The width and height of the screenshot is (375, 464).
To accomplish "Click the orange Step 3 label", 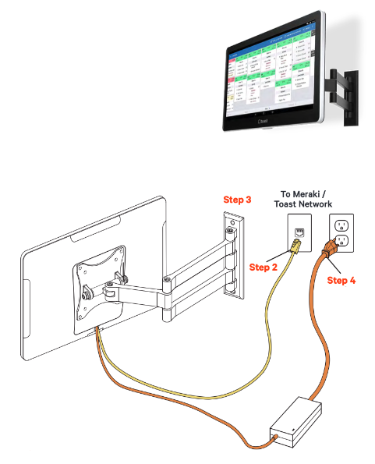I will pos(237,200).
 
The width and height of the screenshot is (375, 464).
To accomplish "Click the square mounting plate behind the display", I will pos(101,289).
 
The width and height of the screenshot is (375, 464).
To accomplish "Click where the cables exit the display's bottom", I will pos(100,331).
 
